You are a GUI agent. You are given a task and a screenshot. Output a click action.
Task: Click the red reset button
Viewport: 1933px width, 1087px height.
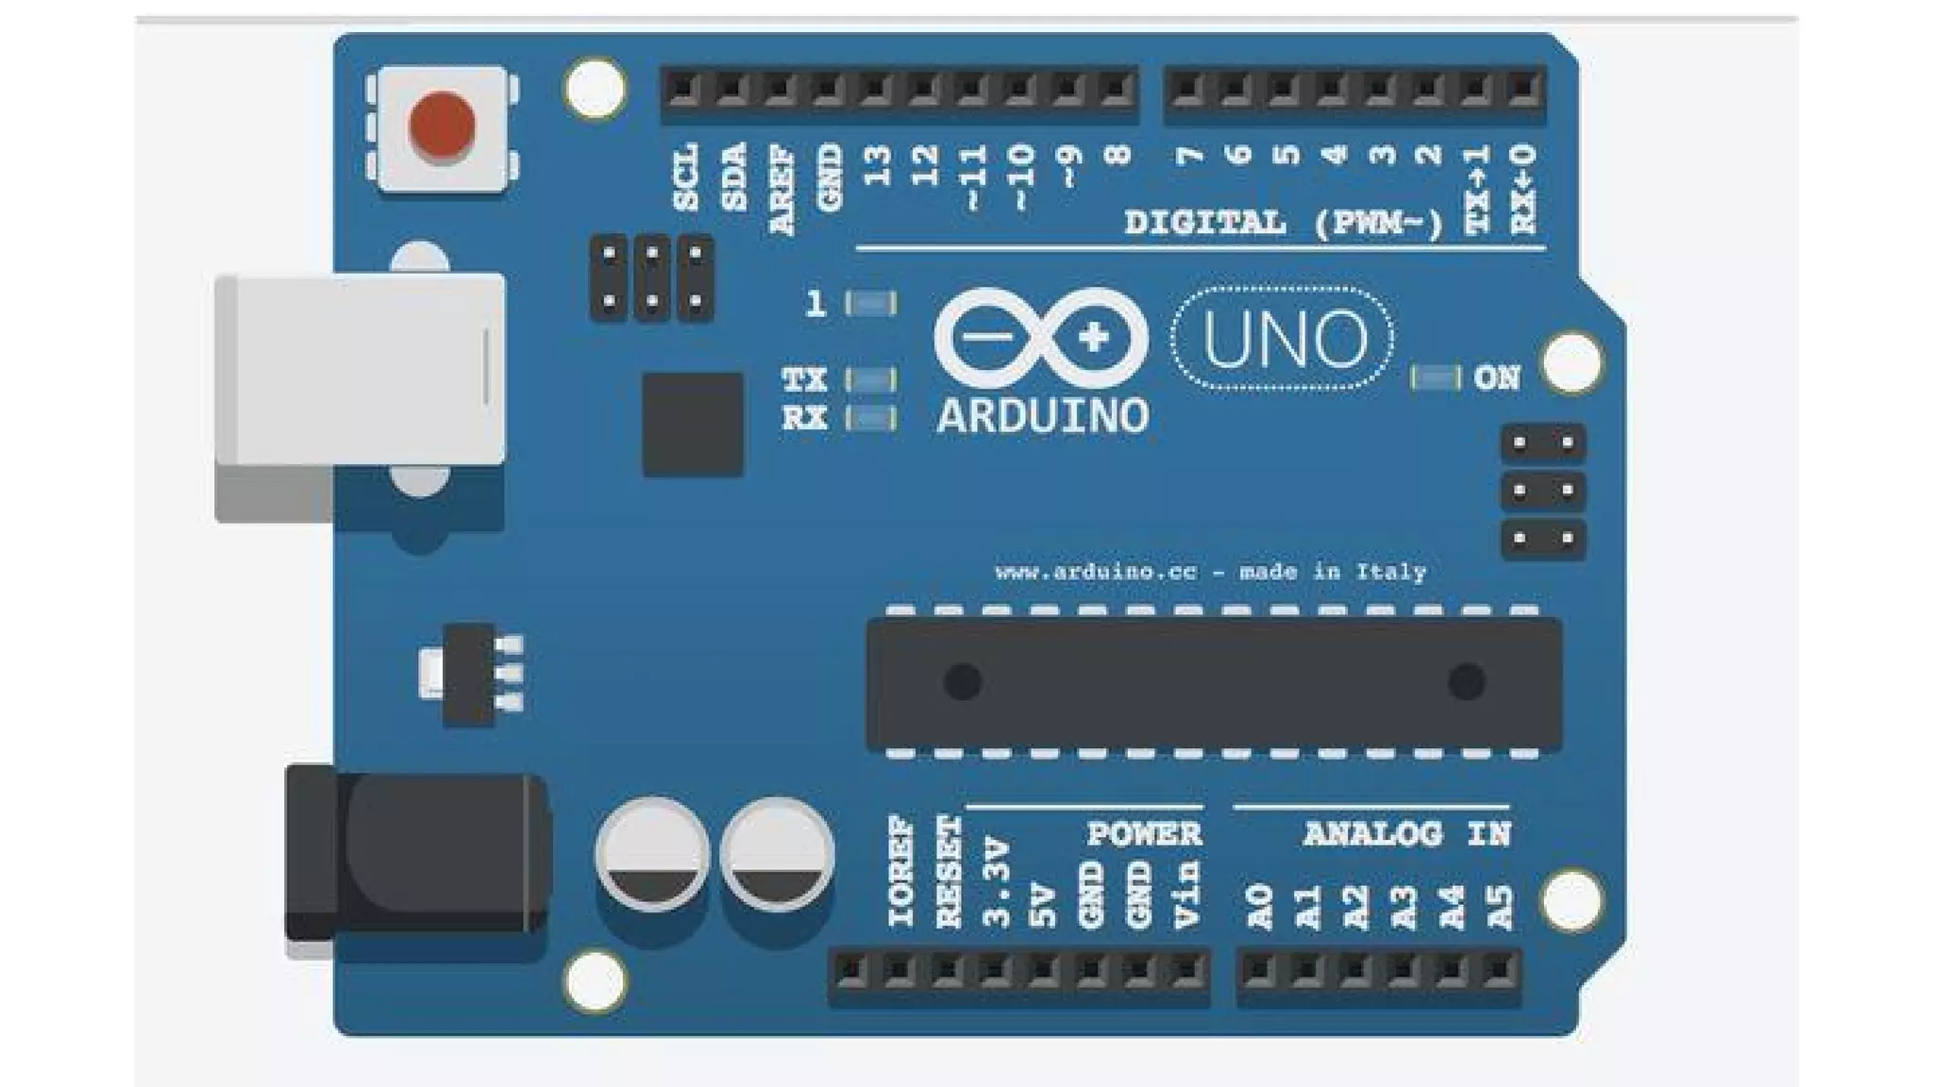point(442,125)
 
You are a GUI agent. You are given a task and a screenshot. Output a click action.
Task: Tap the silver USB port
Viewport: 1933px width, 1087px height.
point(361,370)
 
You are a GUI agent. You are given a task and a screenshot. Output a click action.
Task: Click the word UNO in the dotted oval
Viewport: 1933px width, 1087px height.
point(1284,339)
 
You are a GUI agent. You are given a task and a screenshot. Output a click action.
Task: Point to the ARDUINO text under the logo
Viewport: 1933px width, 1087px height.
point(1042,416)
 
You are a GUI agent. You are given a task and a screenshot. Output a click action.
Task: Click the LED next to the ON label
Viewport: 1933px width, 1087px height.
point(1435,378)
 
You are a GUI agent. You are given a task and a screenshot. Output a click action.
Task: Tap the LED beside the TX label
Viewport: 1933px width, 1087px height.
point(871,379)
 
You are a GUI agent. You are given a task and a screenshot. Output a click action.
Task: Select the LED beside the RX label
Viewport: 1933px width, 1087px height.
point(871,418)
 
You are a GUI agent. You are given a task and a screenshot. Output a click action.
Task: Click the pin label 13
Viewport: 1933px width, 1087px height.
point(878,166)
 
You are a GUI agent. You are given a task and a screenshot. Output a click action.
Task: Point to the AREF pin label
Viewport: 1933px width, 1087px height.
point(782,190)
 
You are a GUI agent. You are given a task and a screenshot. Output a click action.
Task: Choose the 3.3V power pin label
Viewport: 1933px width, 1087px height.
point(997,881)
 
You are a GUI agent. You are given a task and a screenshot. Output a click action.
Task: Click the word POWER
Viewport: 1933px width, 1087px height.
point(1144,834)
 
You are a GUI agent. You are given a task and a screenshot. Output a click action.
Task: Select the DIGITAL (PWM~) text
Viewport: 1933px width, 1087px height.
point(1284,224)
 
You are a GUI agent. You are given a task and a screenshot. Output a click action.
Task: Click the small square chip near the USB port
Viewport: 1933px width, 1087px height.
point(693,424)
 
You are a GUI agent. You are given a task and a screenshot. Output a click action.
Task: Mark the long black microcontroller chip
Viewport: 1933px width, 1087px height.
point(1214,683)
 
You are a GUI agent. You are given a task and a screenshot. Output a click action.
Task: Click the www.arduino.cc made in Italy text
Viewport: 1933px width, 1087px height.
point(1210,572)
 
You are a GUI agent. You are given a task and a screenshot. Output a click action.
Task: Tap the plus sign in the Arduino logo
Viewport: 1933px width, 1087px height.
point(1093,337)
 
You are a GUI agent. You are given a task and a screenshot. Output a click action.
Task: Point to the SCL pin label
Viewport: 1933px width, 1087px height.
point(686,176)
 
